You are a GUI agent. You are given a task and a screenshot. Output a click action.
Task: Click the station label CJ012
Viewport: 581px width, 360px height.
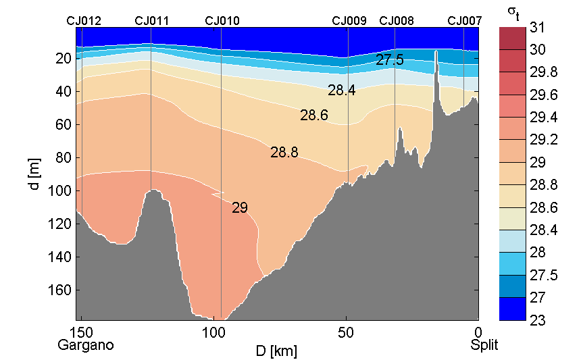(x=84, y=20)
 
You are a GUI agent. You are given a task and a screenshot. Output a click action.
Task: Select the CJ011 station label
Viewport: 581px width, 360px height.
(x=152, y=20)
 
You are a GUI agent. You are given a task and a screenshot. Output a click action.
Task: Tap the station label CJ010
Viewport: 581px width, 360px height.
(x=222, y=20)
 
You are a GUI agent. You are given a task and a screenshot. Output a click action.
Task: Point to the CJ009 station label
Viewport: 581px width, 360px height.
(x=349, y=20)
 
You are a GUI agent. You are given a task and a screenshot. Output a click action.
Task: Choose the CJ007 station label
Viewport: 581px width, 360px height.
(x=465, y=20)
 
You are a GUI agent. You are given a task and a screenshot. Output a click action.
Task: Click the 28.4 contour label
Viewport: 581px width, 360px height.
(x=342, y=91)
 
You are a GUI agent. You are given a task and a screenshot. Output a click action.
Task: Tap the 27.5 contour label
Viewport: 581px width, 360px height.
(x=390, y=60)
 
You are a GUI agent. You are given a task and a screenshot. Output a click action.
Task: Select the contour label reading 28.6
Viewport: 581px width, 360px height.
(x=314, y=115)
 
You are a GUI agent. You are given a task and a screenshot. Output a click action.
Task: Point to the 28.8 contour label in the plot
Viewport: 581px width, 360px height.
(x=284, y=153)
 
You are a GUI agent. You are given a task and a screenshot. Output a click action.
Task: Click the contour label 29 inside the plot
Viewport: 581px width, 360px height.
(x=240, y=208)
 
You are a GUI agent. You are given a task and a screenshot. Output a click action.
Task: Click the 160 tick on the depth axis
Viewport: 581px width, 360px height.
(x=62, y=290)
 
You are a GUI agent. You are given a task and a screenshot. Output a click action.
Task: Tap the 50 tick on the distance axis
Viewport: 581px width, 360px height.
(x=346, y=332)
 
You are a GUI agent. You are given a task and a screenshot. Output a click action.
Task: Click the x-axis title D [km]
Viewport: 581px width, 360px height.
(x=276, y=351)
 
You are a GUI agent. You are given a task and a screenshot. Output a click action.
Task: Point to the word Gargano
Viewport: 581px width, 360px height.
(x=86, y=345)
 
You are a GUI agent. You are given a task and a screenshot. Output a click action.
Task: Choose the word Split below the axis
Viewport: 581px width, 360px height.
(x=484, y=345)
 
